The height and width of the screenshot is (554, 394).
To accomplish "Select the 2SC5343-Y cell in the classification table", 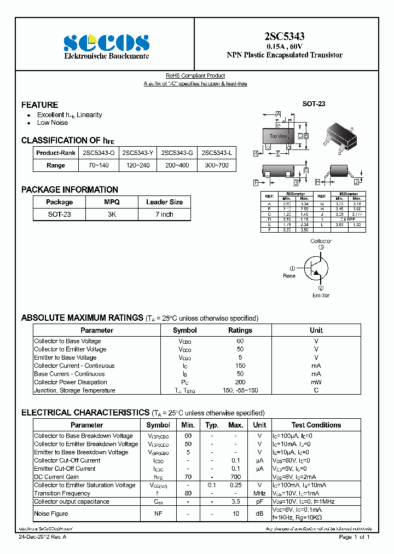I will click(138, 153).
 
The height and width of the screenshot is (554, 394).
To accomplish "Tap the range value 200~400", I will click(177, 165).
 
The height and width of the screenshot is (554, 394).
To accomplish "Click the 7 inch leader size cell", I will click(164, 215).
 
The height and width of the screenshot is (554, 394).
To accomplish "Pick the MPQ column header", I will click(112, 202).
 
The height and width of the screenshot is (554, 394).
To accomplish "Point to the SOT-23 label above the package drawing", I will click(314, 103).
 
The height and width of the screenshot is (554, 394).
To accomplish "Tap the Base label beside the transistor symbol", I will click(289, 276).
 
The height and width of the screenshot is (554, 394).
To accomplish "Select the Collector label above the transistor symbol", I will click(321, 241).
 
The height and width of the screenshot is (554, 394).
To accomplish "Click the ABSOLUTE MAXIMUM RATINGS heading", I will click(82, 318).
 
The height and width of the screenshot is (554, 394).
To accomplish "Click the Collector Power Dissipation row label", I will click(71, 382).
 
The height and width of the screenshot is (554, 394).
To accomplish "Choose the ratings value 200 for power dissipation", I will click(240, 382).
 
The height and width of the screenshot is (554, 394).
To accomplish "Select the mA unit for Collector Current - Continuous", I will click(316, 366).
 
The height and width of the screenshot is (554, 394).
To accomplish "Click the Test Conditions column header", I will click(316, 425).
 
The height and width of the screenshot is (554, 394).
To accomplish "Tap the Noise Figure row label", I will click(51, 513).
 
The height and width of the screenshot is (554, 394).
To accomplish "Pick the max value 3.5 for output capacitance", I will click(235, 501).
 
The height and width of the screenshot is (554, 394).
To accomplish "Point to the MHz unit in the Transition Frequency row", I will click(259, 493).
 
